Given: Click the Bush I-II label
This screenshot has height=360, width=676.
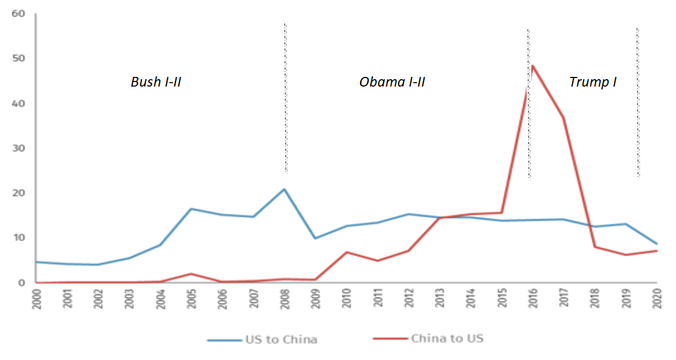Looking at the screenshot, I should pos(156,82).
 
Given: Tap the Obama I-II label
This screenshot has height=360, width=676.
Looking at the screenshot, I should pos(392,82).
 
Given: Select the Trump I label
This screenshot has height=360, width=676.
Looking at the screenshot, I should pos(593,82).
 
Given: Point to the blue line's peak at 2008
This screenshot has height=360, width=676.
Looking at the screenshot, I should pos(284,189).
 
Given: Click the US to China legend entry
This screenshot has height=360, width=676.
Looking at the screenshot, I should pos(263,339).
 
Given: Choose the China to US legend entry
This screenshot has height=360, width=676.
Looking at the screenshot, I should pos(428,338).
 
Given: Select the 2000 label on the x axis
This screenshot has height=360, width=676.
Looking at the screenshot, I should pos(36,298).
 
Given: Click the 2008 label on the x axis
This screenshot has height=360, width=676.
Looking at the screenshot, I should pos(284,298).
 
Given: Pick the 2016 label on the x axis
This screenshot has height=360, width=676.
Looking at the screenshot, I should pos(532,298).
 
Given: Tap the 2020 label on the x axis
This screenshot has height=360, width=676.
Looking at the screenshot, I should pos(657,298).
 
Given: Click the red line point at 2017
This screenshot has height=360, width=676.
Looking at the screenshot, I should pos(563,117).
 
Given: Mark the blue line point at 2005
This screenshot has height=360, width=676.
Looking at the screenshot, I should pos(191,209).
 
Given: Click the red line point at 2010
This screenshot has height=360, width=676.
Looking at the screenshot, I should pos(346,252).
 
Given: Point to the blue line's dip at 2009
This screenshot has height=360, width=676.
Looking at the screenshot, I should pos(315,238).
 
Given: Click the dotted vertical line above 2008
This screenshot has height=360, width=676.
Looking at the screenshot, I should pos(285,97).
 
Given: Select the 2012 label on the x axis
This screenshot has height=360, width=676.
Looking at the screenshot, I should pos(408,298).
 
